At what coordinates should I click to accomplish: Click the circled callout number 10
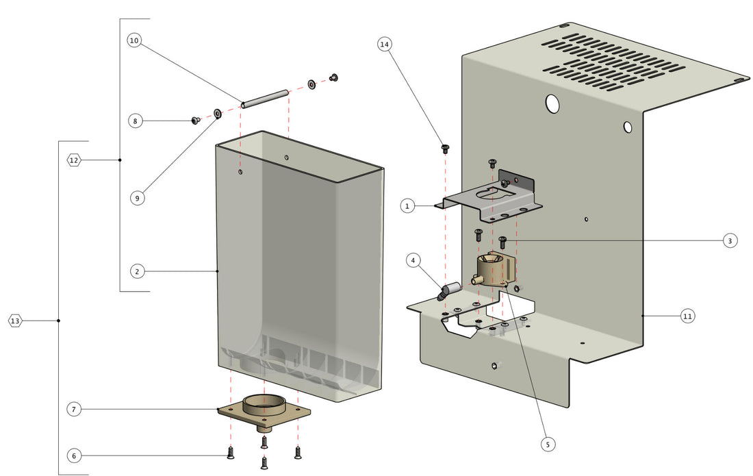(134, 41)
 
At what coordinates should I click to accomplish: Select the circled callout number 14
(385, 45)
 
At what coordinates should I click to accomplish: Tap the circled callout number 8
(136, 121)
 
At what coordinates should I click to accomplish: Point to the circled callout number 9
(137, 198)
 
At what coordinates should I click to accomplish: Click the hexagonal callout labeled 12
(74, 160)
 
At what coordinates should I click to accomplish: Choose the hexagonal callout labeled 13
(15, 321)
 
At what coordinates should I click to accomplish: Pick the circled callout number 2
(137, 272)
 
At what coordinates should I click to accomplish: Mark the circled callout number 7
(75, 410)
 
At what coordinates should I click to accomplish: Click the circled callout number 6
(75, 455)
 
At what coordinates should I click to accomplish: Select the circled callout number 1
(407, 205)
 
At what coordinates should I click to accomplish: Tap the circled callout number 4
(413, 260)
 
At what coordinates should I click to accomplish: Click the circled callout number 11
(688, 316)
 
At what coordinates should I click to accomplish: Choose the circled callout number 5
(547, 444)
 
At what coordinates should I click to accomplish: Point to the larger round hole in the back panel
(552, 103)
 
